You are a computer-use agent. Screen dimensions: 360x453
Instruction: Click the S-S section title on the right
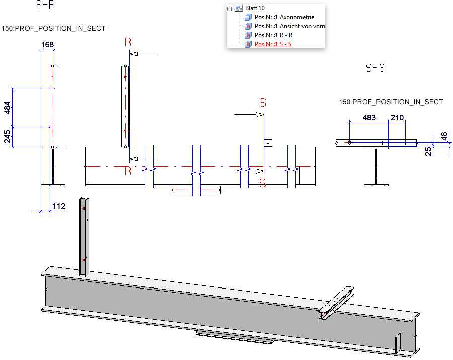pyautogui.click(x=375, y=68)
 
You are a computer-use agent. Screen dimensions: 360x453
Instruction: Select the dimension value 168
pyautogui.click(x=47, y=45)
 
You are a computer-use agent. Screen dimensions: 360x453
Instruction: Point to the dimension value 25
pyautogui.click(x=429, y=151)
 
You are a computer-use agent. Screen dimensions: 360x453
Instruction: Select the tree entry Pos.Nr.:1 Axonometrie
pyautogui.click(x=284, y=17)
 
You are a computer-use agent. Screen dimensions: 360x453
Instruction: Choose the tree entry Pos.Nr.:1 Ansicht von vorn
pyautogui.click(x=289, y=26)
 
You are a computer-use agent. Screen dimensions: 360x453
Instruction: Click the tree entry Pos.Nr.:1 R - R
pyautogui.click(x=273, y=35)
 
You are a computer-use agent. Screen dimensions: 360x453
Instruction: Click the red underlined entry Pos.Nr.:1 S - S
pyautogui.click(x=273, y=44)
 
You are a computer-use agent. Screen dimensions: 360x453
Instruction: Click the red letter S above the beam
pyautogui.click(x=263, y=103)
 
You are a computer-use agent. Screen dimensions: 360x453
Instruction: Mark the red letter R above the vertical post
pyautogui.click(x=128, y=42)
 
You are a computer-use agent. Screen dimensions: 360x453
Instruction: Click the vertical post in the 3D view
pyautogui.click(x=83, y=237)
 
